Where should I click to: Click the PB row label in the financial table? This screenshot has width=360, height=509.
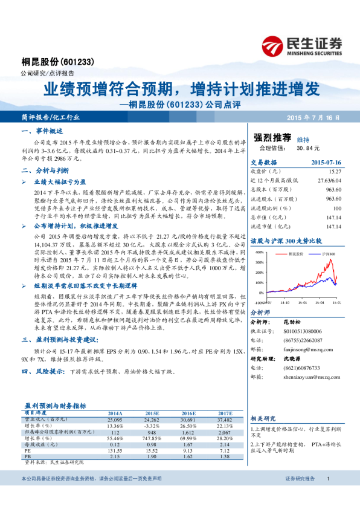pyautogui.click(x=28, y=456)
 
